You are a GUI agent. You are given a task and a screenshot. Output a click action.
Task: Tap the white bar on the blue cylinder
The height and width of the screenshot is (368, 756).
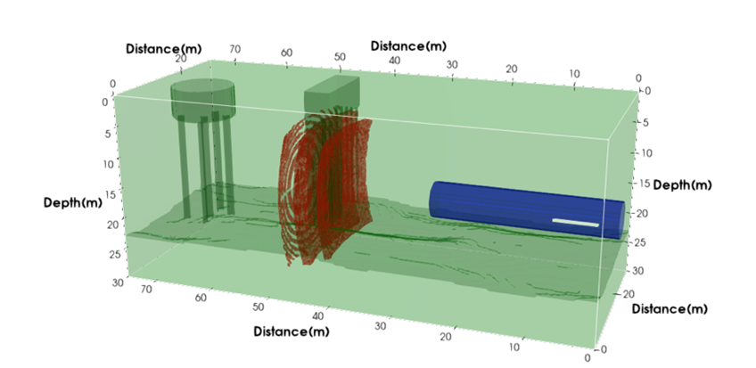(575, 223)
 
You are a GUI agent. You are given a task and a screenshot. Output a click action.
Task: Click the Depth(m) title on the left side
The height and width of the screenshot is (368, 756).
(74, 203)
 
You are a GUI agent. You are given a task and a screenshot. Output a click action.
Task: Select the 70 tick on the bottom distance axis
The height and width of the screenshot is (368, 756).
(148, 289)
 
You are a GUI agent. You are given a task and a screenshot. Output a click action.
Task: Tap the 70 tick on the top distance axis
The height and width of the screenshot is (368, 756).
(236, 50)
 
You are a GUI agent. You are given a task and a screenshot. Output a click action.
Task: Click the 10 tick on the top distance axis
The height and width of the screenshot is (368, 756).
(575, 74)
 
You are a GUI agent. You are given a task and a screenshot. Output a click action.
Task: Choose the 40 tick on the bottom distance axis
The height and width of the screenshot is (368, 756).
(318, 316)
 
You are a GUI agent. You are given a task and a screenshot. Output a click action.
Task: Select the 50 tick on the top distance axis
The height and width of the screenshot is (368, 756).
(340, 57)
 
